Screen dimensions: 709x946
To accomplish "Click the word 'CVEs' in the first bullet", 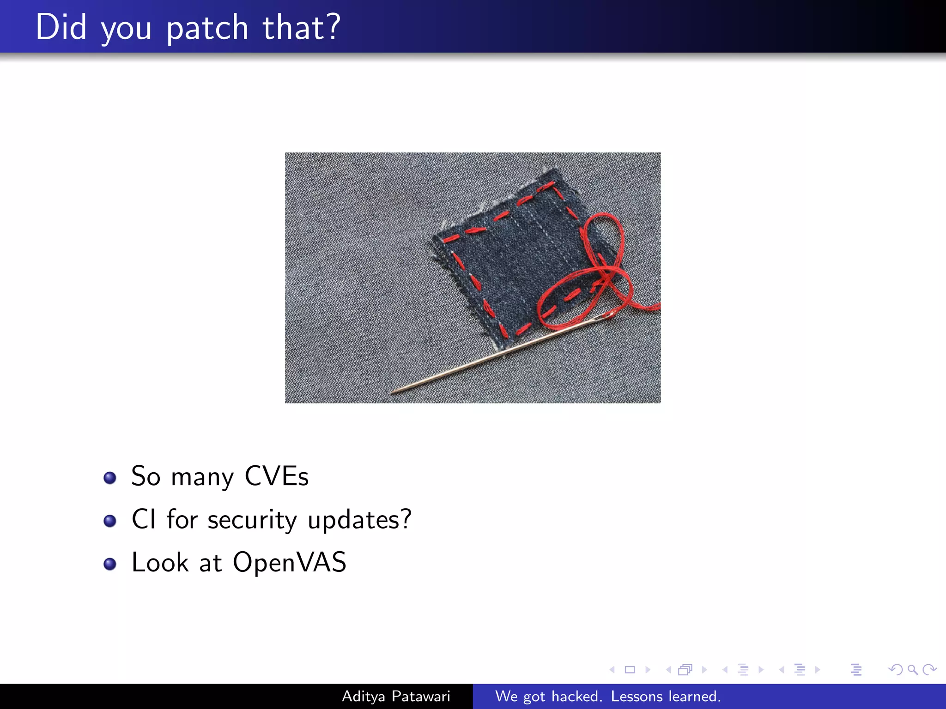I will point(276,476).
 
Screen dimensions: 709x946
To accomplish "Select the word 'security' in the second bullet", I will point(252,520).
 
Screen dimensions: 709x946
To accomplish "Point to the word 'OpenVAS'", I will point(290,562).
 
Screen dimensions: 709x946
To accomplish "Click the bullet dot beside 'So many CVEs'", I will point(110,478).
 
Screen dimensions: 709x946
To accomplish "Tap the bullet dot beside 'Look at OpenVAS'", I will point(110,564).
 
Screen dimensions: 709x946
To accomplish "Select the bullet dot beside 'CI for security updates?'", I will point(110,521).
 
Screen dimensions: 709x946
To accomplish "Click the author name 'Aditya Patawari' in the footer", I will point(396,696).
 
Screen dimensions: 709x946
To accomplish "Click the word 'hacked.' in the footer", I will point(577,696).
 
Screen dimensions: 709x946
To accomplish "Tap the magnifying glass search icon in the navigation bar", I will point(912,670).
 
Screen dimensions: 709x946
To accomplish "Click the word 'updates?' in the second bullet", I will point(359,520).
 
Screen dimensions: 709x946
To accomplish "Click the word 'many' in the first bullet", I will point(202,477).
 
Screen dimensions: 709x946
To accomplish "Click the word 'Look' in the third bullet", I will point(160,562).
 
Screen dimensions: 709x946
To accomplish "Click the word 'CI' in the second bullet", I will point(144,519).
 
